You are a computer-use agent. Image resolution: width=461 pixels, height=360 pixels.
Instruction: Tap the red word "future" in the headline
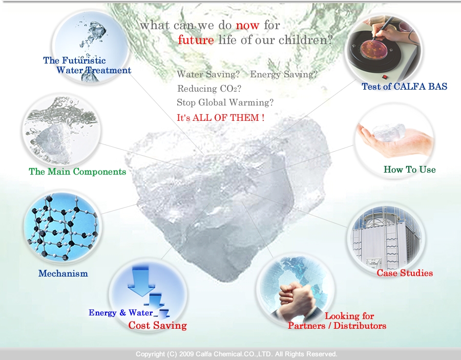[x=196, y=39]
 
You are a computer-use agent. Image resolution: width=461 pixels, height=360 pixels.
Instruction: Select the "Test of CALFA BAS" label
[x=404, y=87]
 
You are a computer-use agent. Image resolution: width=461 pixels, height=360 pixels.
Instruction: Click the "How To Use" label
[x=410, y=170]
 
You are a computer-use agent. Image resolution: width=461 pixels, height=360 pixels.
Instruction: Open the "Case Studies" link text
[x=405, y=273]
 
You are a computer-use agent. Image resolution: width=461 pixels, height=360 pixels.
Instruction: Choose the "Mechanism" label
[x=63, y=273]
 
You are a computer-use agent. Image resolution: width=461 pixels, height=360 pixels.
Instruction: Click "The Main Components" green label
[x=77, y=172]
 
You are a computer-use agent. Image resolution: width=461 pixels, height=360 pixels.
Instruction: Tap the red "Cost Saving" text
[x=158, y=325]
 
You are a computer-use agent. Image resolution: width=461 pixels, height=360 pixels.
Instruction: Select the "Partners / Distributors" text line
[x=337, y=326]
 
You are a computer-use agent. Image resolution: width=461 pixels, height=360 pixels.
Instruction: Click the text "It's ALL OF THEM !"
[x=220, y=118]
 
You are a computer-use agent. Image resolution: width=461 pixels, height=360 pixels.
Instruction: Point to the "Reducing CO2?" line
[x=209, y=89]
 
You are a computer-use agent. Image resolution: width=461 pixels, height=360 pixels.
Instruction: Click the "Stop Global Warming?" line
[x=225, y=102]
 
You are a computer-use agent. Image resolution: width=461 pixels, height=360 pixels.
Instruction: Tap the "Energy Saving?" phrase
[x=284, y=74]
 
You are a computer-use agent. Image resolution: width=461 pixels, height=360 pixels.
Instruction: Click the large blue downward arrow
[x=141, y=281]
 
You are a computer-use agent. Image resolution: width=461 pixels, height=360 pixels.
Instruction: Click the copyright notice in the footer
[x=236, y=354]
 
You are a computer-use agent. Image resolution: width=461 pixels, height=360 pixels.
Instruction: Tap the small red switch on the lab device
[x=385, y=77]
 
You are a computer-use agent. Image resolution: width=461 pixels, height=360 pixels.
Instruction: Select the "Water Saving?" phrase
[x=208, y=74]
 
